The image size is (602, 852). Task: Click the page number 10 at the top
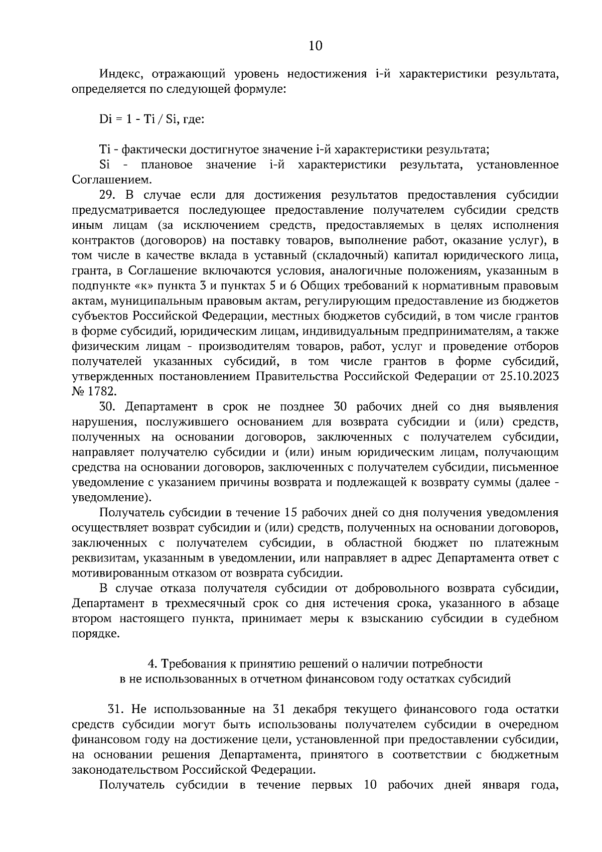pos(315,46)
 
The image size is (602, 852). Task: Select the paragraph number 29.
pos(108,195)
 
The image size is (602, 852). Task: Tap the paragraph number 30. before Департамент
pos(108,406)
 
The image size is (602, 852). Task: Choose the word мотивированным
pos(121,573)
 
